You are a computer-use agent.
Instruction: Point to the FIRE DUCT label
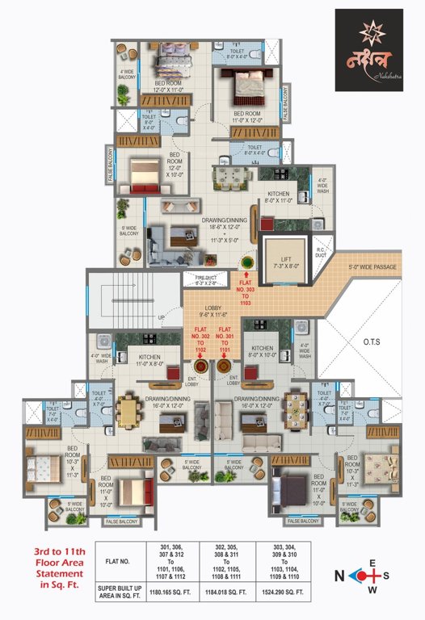[x=206, y=282]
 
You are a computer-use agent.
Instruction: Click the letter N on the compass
[x=343, y=576]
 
